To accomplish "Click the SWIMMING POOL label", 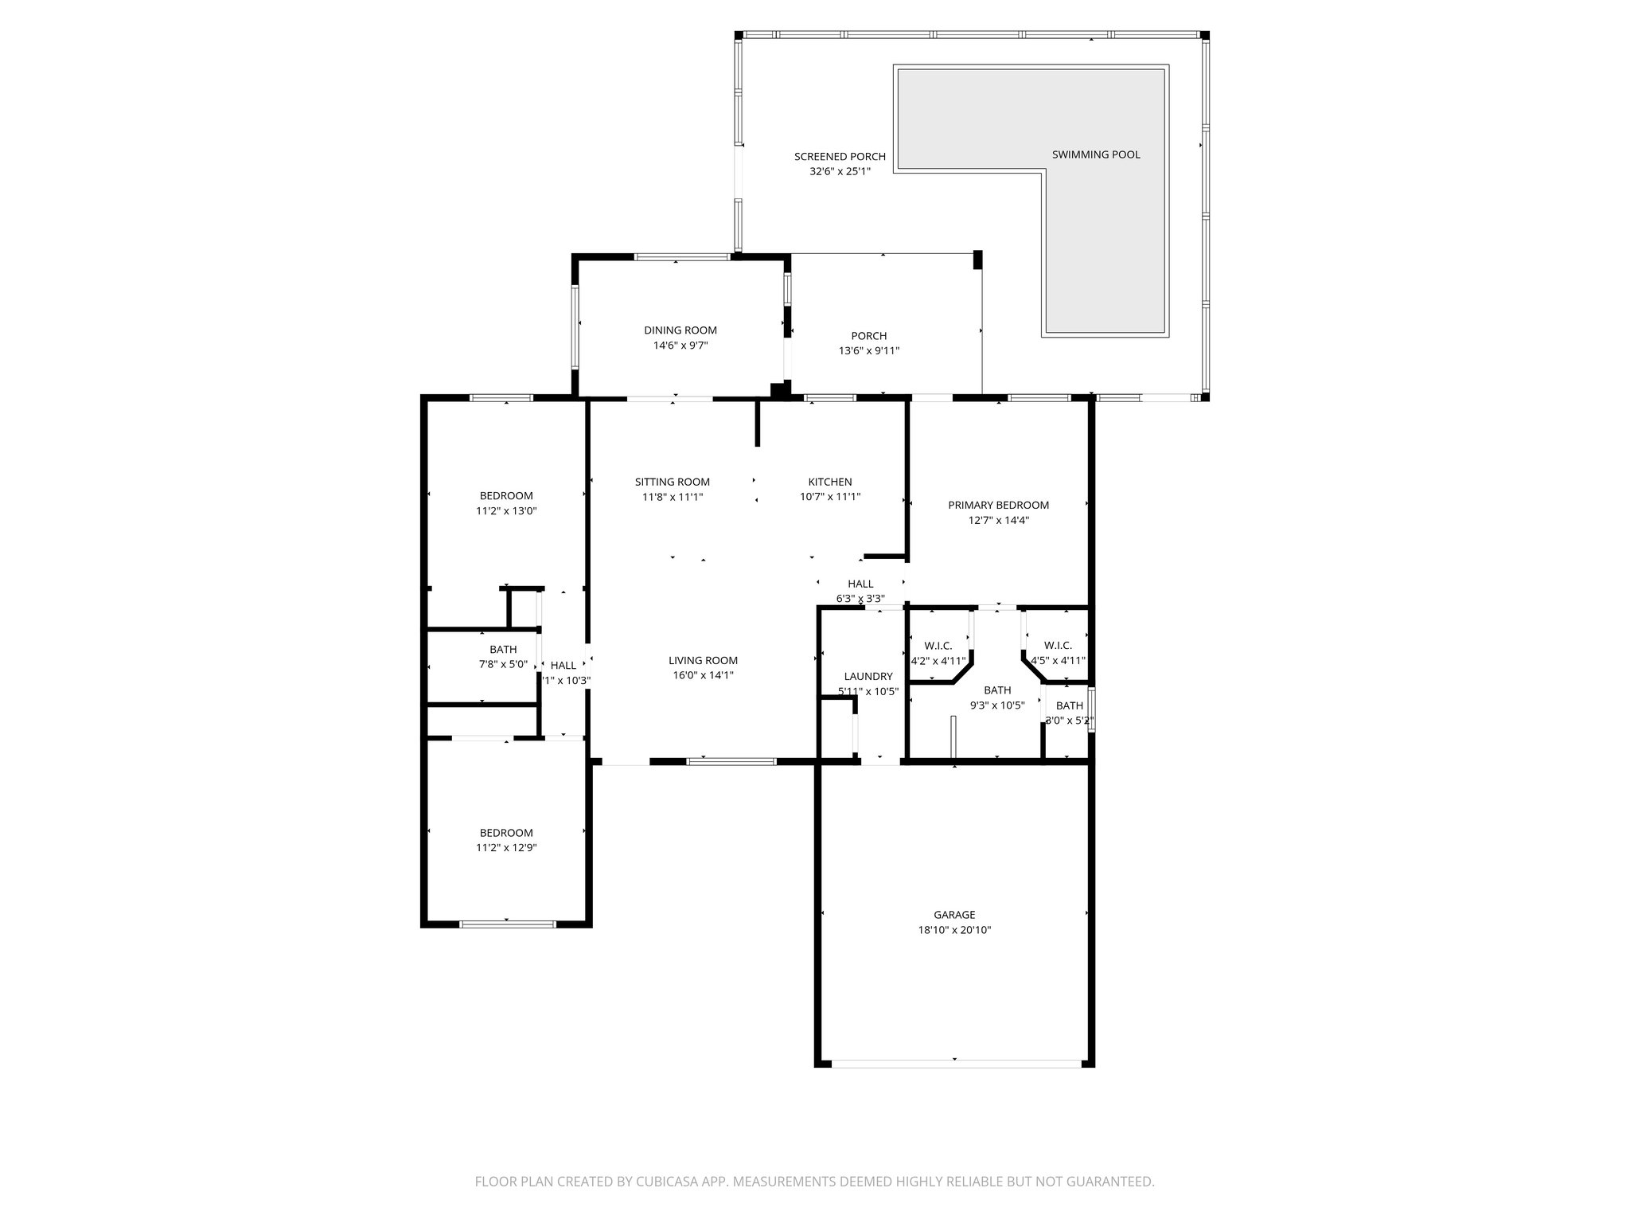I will [x=1096, y=154].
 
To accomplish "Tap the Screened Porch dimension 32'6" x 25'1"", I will [x=840, y=171].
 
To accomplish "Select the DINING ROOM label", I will [x=680, y=330].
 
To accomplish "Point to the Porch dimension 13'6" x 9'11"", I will [x=868, y=350].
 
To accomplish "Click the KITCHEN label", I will [x=830, y=482].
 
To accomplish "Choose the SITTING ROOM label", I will [x=672, y=482].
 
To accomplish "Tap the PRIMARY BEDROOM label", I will [x=998, y=505].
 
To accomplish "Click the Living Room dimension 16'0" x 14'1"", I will [x=703, y=675].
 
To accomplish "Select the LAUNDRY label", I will [x=868, y=676].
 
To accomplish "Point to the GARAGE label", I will [x=954, y=915].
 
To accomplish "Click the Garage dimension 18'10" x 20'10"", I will [x=954, y=930].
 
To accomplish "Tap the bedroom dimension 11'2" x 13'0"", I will [x=506, y=511].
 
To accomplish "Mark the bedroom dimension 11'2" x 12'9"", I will [x=506, y=848].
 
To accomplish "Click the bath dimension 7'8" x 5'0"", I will [x=503, y=664].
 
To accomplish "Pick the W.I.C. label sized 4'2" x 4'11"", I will [x=938, y=646].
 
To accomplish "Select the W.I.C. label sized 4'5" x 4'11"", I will [x=1058, y=645].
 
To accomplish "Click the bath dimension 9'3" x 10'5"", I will [x=996, y=705].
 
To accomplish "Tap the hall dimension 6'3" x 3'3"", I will [x=860, y=599].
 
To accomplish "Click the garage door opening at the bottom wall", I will [x=955, y=1062].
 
